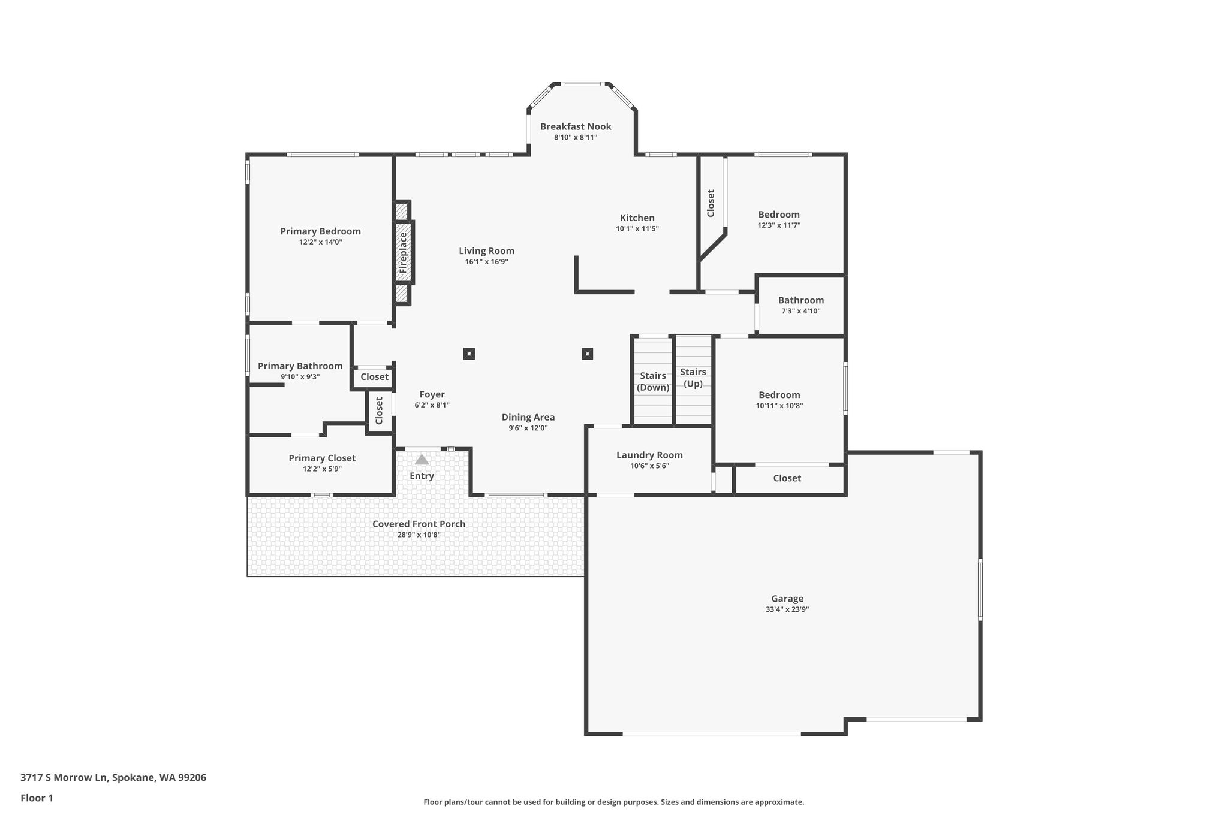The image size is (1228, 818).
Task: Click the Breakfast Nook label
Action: (x=576, y=126)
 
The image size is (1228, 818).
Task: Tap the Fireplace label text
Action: (x=404, y=252)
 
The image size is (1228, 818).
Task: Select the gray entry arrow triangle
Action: (x=422, y=460)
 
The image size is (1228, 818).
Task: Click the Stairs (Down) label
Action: (x=653, y=381)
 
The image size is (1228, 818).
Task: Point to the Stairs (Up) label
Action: (x=693, y=378)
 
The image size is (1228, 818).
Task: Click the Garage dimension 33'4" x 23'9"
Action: (x=787, y=609)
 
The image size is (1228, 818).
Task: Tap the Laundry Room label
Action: (x=649, y=455)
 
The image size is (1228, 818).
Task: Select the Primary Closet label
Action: (x=322, y=458)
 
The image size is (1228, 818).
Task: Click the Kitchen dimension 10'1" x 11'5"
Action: (x=637, y=228)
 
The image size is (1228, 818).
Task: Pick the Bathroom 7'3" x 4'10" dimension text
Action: (x=801, y=311)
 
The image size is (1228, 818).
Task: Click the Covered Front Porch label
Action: (x=419, y=524)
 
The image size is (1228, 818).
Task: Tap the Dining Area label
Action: (x=528, y=417)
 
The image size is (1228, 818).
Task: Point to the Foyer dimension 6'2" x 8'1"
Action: (x=432, y=405)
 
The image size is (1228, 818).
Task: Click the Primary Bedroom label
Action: (x=321, y=231)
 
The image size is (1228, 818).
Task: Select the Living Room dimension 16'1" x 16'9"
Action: (x=487, y=262)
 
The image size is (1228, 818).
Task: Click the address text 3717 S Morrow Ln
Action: (x=64, y=778)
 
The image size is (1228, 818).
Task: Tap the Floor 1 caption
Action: (x=37, y=798)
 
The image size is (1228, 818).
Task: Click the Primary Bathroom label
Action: (x=300, y=366)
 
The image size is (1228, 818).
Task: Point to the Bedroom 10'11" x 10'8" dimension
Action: (x=779, y=406)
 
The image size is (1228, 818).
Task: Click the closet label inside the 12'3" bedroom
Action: (x=711, y=203)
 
